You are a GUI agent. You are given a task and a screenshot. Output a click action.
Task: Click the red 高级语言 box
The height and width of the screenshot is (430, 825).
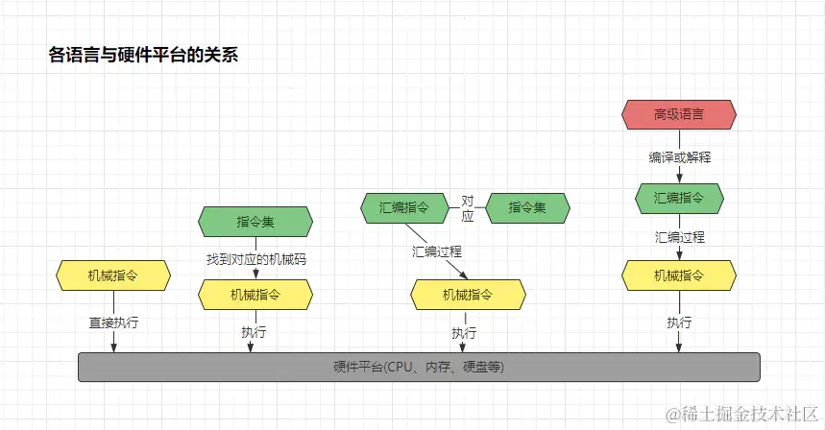(x=679, y=114)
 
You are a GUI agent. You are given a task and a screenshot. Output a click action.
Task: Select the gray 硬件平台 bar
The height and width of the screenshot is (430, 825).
(x=418, y=367)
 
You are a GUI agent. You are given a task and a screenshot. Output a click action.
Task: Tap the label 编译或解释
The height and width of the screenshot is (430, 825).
(x=679, y=155)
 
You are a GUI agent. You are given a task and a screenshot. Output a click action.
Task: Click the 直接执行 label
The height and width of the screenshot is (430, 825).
(x=113, y=322)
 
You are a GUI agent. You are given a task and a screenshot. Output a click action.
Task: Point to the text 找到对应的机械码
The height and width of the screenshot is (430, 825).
(x=255, y=259)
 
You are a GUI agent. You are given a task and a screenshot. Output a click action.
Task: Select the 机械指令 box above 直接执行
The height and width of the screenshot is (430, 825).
(x=113, y=275)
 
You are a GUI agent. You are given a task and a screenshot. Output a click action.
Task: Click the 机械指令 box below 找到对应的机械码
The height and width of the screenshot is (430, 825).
(x=255, y=295)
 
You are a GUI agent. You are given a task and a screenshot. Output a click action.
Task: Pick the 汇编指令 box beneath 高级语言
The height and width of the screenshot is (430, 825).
(x=679, y=198)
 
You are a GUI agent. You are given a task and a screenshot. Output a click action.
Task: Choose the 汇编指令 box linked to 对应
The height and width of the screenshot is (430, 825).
(x=404, y=206)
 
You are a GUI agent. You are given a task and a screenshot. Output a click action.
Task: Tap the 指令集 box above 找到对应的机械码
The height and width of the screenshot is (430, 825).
(x=255, y=222)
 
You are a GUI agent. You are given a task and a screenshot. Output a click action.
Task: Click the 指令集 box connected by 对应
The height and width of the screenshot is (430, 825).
(x=527, y=206)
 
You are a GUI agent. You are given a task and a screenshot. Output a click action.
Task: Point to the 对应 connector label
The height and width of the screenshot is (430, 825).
(x=468, y=208)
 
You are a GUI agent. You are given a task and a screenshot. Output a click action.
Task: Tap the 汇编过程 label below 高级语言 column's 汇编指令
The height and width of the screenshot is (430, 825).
(x=679, y=237)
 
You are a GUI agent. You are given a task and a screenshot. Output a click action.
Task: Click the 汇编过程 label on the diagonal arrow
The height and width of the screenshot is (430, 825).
(x=437, y=251)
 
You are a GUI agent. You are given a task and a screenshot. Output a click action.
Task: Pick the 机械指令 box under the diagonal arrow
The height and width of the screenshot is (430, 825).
(x=468, y=295)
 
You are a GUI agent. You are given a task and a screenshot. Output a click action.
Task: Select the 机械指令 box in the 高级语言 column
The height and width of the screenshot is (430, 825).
(x=679, y=275)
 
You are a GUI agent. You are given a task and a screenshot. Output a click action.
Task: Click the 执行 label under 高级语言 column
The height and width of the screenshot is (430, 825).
(x=679, y=322)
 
